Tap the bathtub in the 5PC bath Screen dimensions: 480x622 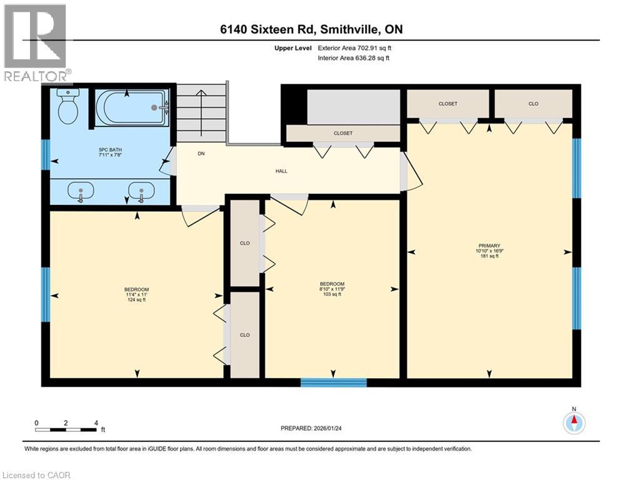tap(132, 107)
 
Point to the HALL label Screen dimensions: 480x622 tap(281, 171)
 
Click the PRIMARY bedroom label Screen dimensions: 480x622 tap(489, 246)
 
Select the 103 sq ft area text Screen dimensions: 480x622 tap(332, 294)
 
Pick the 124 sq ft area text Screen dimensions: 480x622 tap(136, 300)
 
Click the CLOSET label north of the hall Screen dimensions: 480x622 tap(343, 133)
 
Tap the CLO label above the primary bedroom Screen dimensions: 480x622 tap(533, 104)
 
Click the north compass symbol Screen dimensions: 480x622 tap(573, 422)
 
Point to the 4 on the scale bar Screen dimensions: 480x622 tap(96, 422)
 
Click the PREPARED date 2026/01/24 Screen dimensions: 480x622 tap(311, 428)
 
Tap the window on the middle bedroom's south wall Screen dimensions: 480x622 tap(333, 382)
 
